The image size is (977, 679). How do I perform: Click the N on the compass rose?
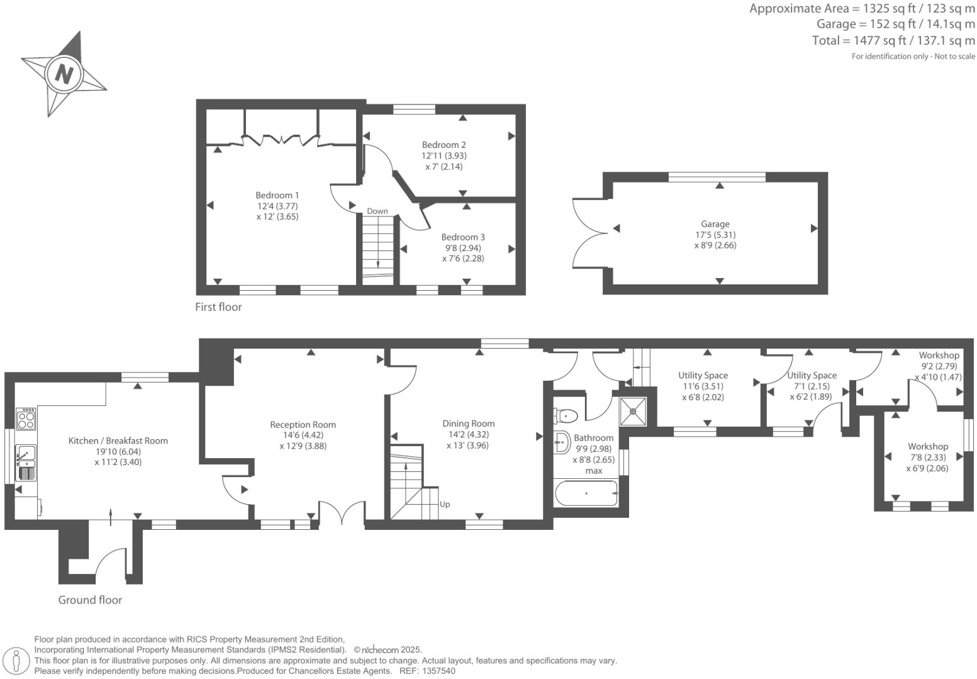[64, 74]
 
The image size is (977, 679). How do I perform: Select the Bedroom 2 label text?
[444, 145]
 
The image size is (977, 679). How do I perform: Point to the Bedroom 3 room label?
[463, 237]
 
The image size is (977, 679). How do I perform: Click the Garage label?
[715, 224]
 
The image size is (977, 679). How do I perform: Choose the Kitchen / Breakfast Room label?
[118, 441]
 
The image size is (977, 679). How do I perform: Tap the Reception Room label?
[303, 425]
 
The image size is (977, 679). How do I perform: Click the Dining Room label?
[468, 424]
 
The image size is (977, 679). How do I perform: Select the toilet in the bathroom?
[566, 415]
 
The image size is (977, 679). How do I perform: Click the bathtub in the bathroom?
[586, 493]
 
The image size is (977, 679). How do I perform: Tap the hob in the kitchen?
[26, 418]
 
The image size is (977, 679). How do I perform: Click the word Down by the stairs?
[377, 211]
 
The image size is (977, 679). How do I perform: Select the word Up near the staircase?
[445, 504]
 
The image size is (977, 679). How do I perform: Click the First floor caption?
[218, 307]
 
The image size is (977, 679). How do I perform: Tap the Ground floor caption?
[90, 600]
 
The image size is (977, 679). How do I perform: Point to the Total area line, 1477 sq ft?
[893, 41]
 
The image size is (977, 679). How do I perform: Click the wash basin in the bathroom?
[562, 442]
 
